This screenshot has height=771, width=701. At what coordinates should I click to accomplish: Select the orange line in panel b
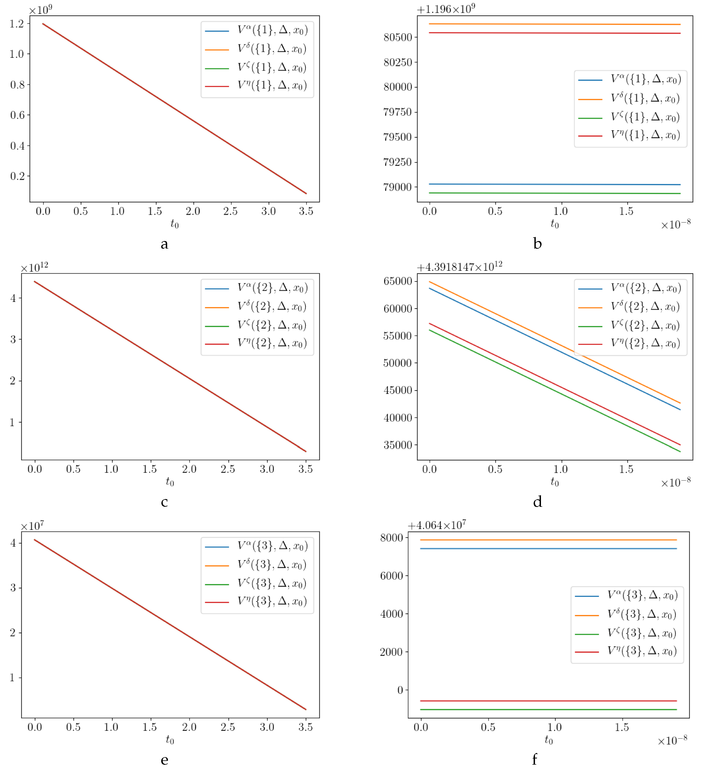coord(554,24)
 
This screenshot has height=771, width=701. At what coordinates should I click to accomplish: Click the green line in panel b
coord(554,193)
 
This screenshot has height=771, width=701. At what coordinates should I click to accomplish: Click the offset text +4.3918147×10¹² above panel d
coord(459,267)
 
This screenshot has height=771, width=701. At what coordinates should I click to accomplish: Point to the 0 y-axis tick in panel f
coord(400,690)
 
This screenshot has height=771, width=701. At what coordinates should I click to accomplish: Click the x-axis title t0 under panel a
coord(174,224)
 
